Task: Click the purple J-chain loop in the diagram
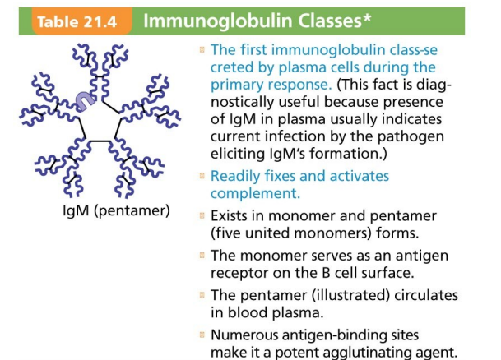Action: tap(82, 99)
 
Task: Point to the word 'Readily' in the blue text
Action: tap(237, 176)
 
